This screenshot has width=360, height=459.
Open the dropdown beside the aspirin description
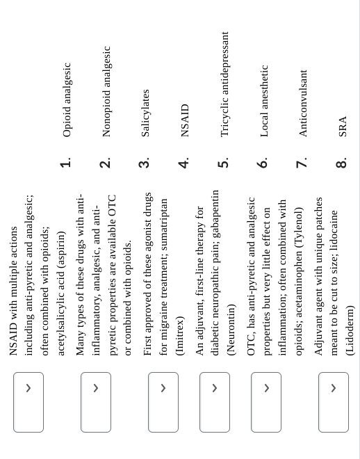[x=28, y=402]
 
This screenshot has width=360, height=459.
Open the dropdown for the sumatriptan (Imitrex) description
[x=163, y=402]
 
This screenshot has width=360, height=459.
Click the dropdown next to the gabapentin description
[x=215, y=402]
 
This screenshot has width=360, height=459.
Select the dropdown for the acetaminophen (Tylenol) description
[x=266, y=402]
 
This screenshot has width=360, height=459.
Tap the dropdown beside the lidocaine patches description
[x=334, y=402]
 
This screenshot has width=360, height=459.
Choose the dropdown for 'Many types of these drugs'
[x=96, y=402]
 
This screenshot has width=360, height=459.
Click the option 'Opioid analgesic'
[x=67, y=99]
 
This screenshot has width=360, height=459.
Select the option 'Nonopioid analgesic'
[x=106, y=91]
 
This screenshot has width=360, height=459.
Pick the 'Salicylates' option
[x=145, y=113]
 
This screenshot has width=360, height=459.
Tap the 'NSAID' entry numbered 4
[x=185, y=120]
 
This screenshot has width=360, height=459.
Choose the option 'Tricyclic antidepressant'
[x=224, y=83]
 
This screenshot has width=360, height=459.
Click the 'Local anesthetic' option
[x=263, y=101]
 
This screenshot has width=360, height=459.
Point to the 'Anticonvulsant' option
[x=303, y=103]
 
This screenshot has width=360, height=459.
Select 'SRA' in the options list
[x=342, y=127]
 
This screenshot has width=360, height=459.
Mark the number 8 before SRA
[x=341, y=163]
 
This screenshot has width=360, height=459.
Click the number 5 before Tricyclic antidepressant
[x=223, y=163]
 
